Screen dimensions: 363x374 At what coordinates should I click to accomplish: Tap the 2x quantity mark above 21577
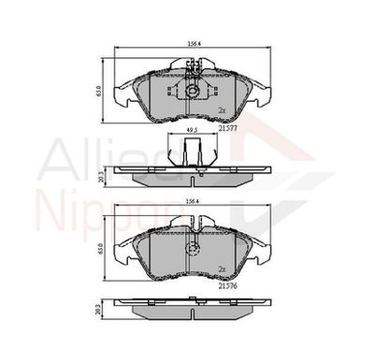(x=223, y=110)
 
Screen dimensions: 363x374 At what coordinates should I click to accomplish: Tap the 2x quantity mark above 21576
(x=223, y=269)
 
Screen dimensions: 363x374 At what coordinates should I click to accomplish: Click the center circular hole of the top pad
(x=190, y=92)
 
